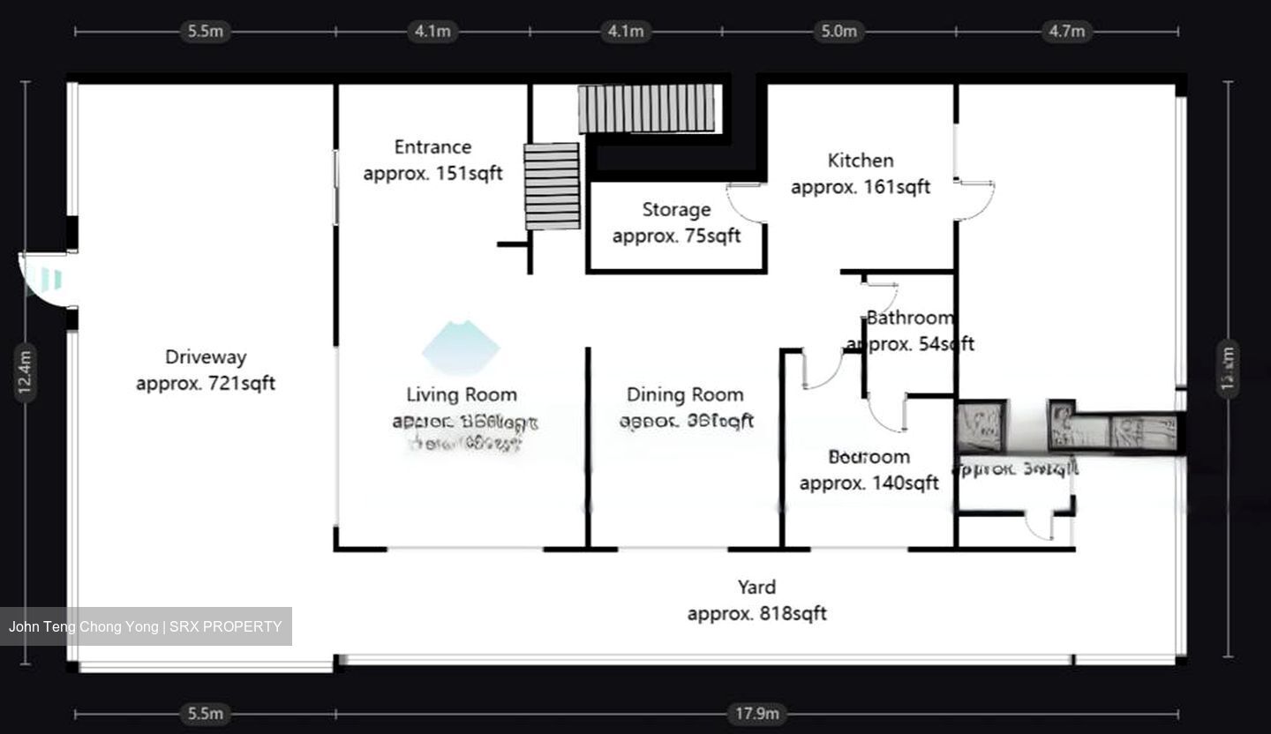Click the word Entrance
point(432,147)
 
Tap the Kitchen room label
point(861,161)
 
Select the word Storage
point(676,210)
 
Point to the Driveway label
point(206,357)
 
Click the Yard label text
point(756,588)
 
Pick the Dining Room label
point(685,395)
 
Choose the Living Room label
point(462,395)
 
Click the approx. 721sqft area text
point(206,384)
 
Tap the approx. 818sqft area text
point(756,614)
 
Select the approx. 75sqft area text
point(676,236)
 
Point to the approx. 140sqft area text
point(869,483)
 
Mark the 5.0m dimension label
point(839,32)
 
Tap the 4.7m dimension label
point(1066,32)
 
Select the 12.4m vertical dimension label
point(26,371)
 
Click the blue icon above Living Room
point(461,348)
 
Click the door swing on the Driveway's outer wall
point(44,280)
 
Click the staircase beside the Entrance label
point(552,186)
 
